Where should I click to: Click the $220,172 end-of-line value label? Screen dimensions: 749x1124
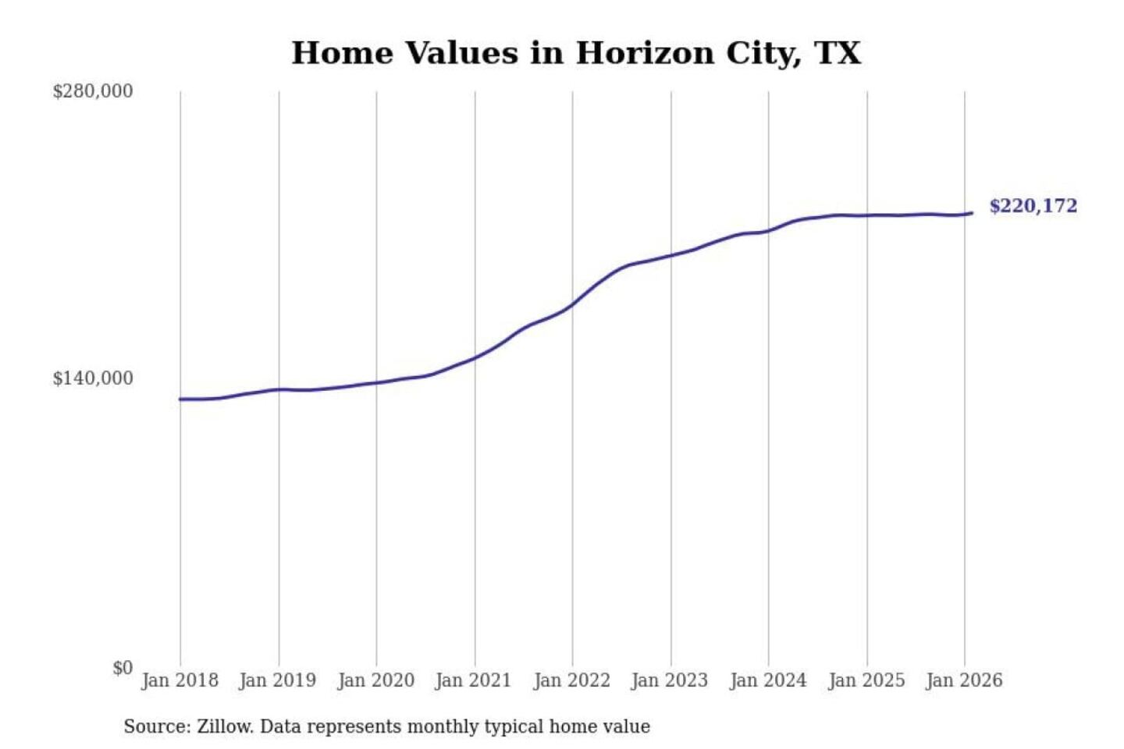tap(1033, 206)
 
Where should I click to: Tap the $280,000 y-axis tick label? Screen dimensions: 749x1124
tap(93, 91)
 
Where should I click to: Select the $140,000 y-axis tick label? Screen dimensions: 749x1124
tap(93, 378)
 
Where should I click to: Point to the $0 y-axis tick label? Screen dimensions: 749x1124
tap(123, 668)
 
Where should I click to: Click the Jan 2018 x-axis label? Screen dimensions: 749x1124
tap(180, 680)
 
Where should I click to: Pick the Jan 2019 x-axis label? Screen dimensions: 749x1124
tap(278, 680)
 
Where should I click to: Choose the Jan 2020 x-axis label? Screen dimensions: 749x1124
tap(375, 680)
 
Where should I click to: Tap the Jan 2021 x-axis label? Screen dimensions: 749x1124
tap(473, 680)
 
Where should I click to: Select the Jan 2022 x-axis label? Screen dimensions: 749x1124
tap(571, 680)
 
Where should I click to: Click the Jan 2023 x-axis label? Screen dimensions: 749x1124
tap(670, 680)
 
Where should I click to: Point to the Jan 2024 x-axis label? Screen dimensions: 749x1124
tap(768, 680)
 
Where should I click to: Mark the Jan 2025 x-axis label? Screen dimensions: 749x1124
tap(866, 680)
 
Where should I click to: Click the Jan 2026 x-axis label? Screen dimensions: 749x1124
tap(964, 680)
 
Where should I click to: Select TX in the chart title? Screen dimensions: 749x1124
tap(838, 53)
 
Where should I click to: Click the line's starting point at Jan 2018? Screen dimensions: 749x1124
tap(180, 399)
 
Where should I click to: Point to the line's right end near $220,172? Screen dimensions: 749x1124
tap(971, 213)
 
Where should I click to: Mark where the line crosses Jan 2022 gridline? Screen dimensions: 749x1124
tap(572, 303)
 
